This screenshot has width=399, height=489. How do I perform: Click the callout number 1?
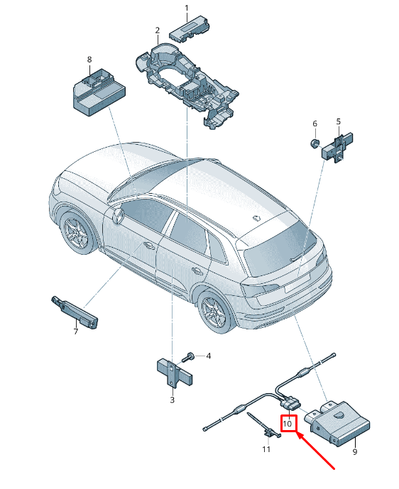(x=187, y=8)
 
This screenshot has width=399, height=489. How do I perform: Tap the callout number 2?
(x=157, y=31)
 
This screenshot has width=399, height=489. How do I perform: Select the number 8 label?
(x=89, y=60)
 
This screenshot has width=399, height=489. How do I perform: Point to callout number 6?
(x=315, y=123)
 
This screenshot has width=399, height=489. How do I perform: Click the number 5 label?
(x=339, y=121)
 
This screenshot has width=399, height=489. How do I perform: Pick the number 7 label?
(x=76, y=331)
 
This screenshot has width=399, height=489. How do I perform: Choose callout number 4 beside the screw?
(x=209, y=356)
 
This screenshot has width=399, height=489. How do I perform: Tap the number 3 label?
(x=173, y=400)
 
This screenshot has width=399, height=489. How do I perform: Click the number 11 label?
(x=266, y=449)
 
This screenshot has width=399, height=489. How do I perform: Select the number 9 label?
(x=355, y=451)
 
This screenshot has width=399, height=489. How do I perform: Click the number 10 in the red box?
(x=288, y=424)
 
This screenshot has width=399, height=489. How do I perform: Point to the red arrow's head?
(x=296, y=433)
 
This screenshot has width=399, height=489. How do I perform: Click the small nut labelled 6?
(x=315, y=143)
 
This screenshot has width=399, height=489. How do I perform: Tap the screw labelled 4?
(x=188, y=357)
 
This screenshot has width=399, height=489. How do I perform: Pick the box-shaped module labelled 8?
(x=99, y=93)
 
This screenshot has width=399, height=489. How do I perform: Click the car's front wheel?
(x=77, y=231)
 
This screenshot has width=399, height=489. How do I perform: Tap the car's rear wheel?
(x=217, y=310)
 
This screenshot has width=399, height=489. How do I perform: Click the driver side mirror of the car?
(x=119, y=216)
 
